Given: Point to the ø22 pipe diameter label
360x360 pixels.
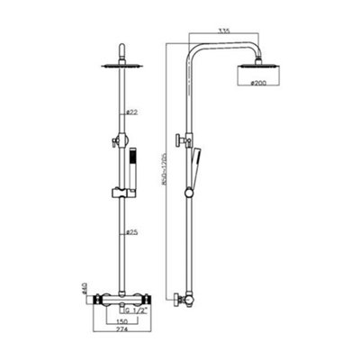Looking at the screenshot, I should [x=131, y=112].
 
